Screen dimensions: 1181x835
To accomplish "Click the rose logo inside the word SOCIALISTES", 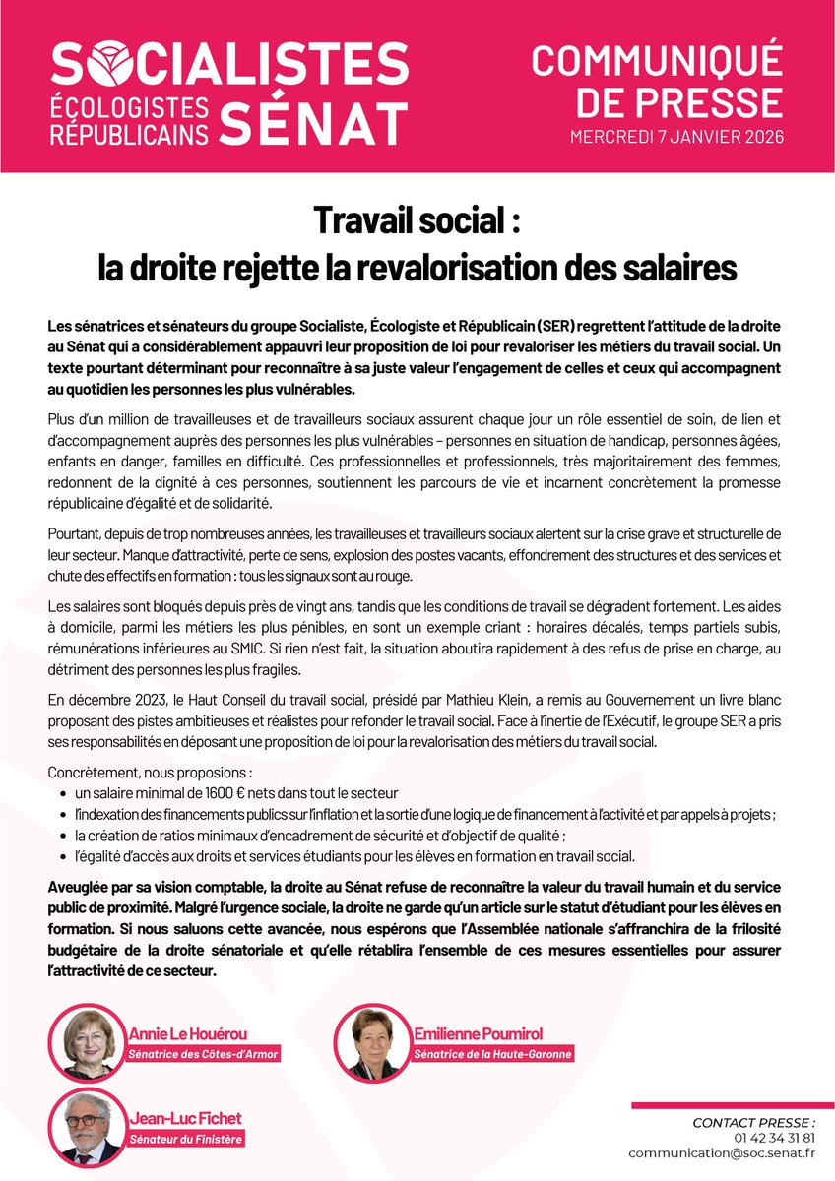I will point(114,63).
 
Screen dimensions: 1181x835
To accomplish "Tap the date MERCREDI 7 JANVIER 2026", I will point(677,137).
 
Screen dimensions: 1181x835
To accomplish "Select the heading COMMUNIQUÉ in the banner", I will point(658,61).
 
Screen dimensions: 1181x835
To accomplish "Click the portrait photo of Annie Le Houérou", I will point(89,1042).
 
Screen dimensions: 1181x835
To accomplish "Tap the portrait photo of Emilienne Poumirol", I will point(371,1042).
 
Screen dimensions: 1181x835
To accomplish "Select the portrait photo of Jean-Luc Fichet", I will point(89,1128).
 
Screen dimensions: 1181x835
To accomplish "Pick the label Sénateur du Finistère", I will point(186,1140).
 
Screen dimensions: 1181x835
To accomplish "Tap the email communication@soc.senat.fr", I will point(722,1152).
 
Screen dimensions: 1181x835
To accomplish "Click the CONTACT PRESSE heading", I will point(754,1122).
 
